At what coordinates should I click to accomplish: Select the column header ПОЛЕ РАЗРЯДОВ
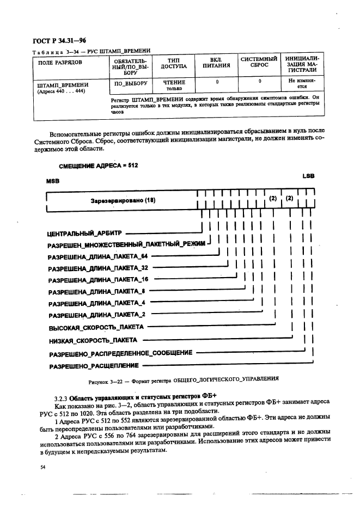click(x=60, y=62)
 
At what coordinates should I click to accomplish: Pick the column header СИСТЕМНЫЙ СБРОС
click(x=259, y=62)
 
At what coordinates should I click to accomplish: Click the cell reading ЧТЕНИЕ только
click(x=174, y=85)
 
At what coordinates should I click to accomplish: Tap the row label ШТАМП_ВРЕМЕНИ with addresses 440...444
click(x=63, y=88)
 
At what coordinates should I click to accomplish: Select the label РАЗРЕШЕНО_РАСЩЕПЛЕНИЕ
click(x=93, y=366)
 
